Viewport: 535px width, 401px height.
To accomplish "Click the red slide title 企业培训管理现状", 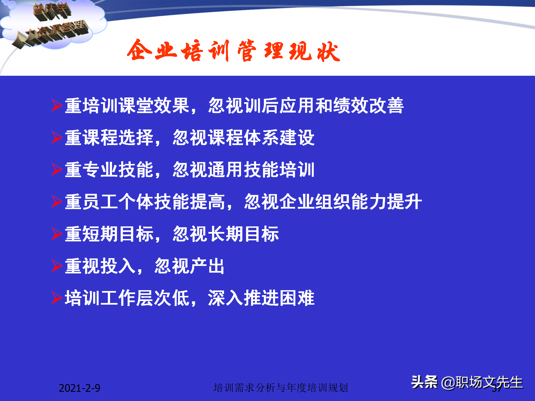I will [234, 51].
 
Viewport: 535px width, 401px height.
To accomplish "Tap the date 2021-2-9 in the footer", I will [79, 388].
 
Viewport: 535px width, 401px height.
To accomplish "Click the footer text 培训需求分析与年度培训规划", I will [281, 388].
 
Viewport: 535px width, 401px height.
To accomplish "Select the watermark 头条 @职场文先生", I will [467, 382].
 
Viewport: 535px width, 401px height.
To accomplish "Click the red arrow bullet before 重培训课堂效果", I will [57, 106].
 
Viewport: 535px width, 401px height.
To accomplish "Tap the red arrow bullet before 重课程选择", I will [57, 138].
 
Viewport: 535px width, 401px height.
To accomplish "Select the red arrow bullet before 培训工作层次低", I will [57, 298].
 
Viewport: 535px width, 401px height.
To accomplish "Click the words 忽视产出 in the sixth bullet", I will [189, 266].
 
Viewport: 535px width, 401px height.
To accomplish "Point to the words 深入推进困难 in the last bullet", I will [261, 298].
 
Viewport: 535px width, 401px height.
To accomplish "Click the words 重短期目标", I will [109, 234].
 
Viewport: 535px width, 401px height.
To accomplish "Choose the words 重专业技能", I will [109, 170].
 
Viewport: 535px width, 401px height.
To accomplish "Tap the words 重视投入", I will [100, 266].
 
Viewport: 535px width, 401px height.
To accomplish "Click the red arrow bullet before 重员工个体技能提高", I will [57, 202].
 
